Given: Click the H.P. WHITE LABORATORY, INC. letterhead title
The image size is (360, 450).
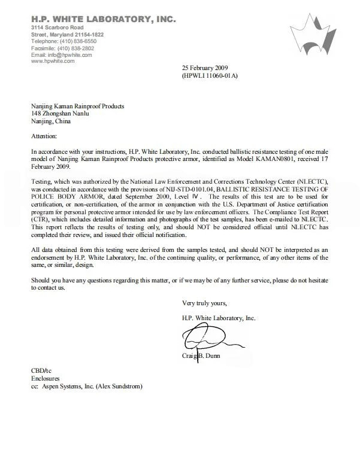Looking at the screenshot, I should pos(103,19).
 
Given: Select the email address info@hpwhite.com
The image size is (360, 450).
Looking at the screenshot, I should pos(71,55).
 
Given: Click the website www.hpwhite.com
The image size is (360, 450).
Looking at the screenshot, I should pos(53,61).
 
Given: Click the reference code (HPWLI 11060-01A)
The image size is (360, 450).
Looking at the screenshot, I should pos(210,76).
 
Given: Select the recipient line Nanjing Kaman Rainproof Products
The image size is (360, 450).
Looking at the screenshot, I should pos(78,106).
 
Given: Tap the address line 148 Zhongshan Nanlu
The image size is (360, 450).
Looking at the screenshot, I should pos(60,114).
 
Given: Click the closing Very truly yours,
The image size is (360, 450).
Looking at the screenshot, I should pos(204,303).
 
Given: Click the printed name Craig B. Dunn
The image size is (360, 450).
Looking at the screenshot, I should pos(201,355).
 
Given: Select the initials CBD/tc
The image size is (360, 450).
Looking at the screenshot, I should pos(41,371).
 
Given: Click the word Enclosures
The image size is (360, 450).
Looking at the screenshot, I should pos(46,379).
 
